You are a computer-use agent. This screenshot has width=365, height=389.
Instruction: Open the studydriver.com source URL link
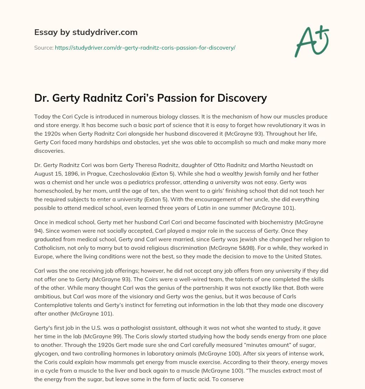[x=145, y=47]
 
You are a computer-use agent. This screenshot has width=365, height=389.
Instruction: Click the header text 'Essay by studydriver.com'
[x=86, y=32]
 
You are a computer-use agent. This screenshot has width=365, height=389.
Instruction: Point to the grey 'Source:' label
[x=43, y=47]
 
